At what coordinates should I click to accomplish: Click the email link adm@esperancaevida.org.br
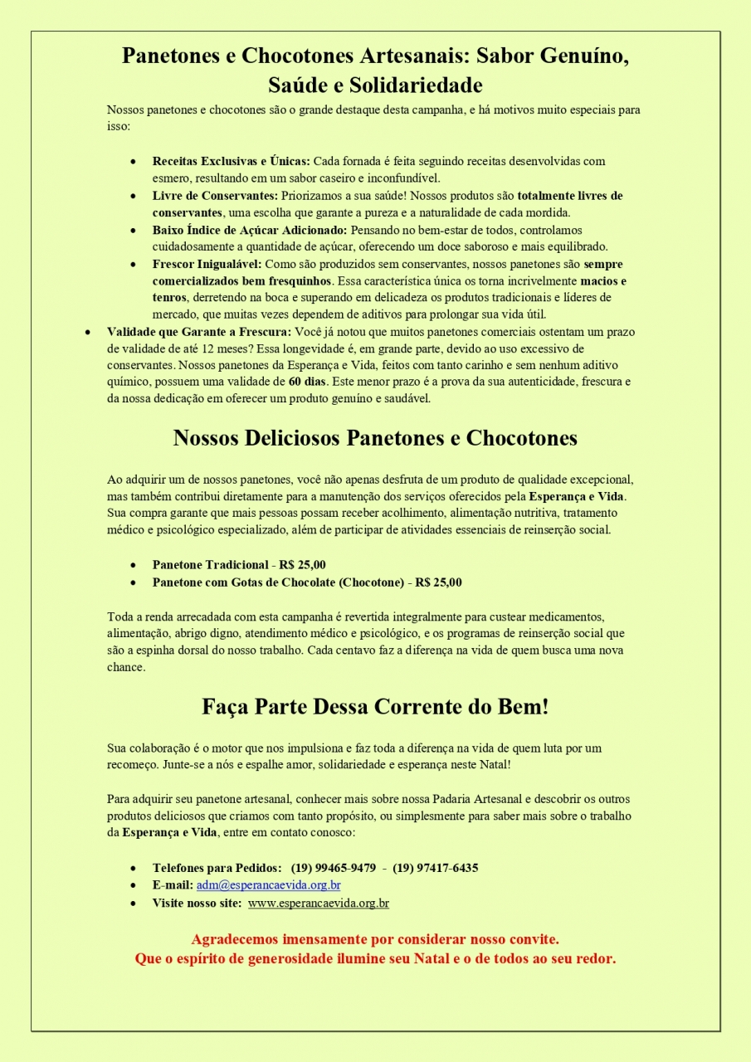point(268,885)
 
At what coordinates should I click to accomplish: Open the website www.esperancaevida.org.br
point(318,903)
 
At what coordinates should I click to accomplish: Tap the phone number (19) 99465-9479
point(333,868)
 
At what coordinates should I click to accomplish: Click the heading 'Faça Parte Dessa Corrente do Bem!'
point(375,708)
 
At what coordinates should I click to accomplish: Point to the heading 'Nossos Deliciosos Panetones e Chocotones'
point(375,438)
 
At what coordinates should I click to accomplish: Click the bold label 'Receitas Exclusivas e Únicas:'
point(231,161)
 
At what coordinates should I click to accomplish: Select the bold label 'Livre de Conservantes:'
point(214,196)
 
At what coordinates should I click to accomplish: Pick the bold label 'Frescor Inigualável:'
point(207,264)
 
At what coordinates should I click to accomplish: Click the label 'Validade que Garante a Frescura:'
point(199,332)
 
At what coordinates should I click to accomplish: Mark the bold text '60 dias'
point(306,382)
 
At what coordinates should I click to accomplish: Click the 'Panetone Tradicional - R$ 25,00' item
point(239,565)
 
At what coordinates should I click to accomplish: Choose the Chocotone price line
point(307,582)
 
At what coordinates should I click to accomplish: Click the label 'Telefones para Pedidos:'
point(217,868)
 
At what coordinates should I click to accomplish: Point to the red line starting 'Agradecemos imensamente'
point(375,940)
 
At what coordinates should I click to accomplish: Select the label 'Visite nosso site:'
point(197,903)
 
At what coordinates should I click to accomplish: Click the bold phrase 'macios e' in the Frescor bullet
point(602,281)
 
